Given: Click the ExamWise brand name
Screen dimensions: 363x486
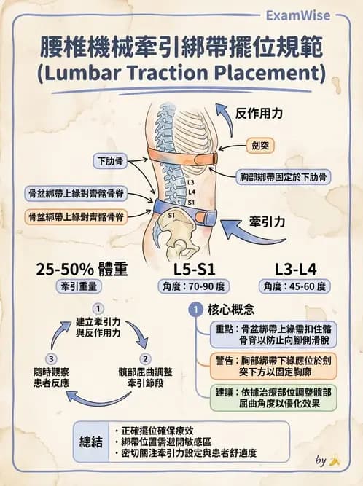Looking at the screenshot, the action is coord(298,15).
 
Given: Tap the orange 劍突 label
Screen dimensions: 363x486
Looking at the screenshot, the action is coord(260,146).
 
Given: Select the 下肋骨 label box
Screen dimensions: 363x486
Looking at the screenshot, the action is coord(110,161).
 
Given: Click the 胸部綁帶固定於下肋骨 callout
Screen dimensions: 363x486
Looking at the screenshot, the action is coord(284,177).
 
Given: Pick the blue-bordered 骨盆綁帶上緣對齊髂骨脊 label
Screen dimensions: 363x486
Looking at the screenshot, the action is coord(76,194).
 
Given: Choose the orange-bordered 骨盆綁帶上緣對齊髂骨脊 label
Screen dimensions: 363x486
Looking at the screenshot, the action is coord(76,216).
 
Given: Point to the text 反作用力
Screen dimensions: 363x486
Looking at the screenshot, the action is coord(259,114).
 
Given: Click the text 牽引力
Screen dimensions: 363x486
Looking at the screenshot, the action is coord(267,222).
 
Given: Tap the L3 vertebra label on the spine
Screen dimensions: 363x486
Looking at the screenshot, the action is coord(191,183).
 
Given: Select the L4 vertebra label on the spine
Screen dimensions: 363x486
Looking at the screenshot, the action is coord(192,192).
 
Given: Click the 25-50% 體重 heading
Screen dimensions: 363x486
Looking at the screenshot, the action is coord(82,269).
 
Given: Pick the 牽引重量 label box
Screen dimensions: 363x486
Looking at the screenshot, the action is coord(79,286).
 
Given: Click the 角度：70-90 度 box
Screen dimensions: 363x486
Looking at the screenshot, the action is coord(194,286).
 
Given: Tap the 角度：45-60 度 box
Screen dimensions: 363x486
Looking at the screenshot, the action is coord(294,286).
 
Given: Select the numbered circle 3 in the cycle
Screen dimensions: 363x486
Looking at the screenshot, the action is coord(51,359).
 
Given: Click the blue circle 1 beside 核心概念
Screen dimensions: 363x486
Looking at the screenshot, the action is coord(195,310).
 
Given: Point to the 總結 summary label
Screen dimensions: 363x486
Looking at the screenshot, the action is coord(91,442).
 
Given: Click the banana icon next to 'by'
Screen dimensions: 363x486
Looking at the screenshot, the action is coord(335,461).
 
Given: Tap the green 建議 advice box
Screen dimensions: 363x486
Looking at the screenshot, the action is coord(273,398).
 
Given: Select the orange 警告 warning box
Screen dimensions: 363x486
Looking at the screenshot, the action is coord(273,366).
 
